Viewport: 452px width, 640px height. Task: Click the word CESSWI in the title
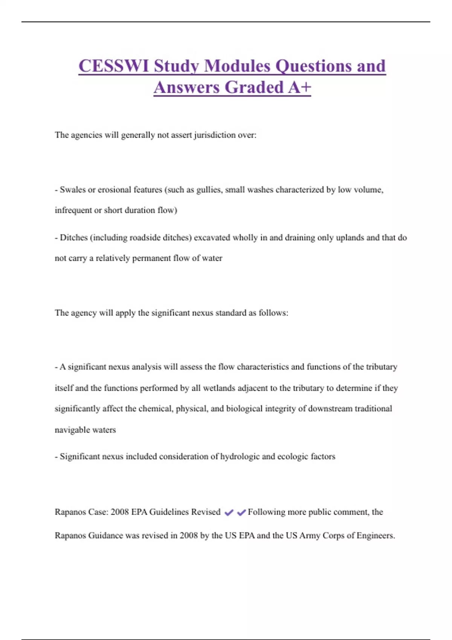(x=114, y=66)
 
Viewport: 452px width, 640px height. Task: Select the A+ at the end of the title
(x=300, y=87)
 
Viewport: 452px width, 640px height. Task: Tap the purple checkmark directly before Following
(x=241, y=512)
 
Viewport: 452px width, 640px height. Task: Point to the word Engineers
(x=376, y=535)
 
